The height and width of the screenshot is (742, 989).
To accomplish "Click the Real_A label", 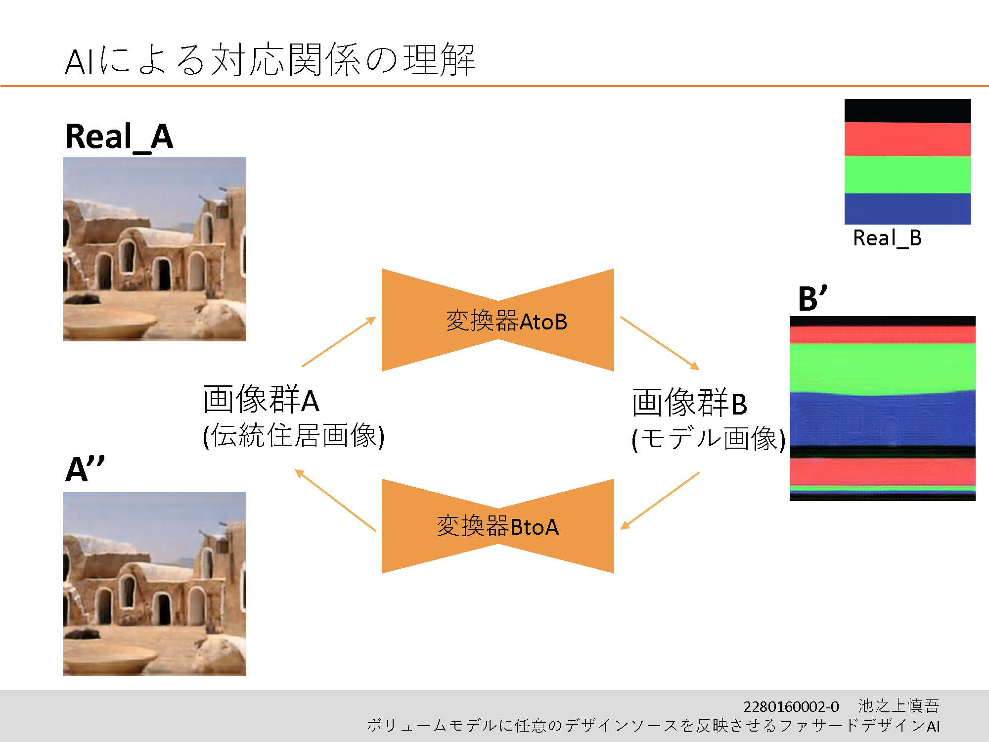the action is (x=119, y=137).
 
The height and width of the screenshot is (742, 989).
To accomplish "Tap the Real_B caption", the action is (x=887, y=238).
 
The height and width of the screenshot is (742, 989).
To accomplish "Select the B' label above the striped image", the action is (x=812, y=298).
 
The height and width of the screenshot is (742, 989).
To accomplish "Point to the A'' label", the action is (x=85, y=468).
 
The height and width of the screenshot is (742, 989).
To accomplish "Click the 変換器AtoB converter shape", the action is (x=498, y=320).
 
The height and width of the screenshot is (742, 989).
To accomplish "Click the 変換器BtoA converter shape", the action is (x=498, y=526).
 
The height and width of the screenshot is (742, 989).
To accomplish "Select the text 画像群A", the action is (x=261, y=400).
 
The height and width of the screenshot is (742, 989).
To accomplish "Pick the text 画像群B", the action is (x=689, y=403).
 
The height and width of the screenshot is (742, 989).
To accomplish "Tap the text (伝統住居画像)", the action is (x=294, y=436).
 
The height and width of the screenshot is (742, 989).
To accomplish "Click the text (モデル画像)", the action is (x=708, y=438).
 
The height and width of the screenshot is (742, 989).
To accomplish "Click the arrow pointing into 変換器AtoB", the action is (x=339, y=342).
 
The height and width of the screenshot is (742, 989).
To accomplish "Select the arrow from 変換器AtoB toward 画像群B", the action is (x=660, y=343).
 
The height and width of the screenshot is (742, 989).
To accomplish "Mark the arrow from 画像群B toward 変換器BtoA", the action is (x=660, y=501).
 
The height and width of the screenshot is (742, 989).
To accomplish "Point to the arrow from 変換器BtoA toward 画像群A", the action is (x=335, y=500).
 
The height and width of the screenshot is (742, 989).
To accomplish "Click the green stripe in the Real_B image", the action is (x=907, y=175).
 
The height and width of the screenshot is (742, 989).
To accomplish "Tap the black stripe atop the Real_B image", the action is (x=907, y=111).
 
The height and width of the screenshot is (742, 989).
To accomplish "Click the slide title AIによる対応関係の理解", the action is (x=270, y=60).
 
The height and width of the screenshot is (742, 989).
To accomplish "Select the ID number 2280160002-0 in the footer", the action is (x=791, y=706).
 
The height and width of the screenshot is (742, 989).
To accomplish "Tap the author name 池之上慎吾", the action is (x=899, y=706).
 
